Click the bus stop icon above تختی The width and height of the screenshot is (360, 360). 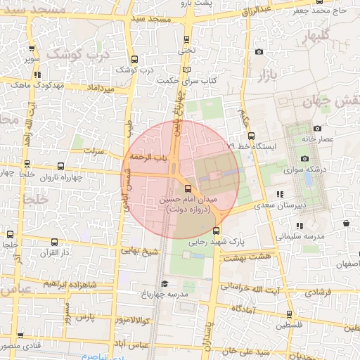pyautogui.click(x=186, y=39)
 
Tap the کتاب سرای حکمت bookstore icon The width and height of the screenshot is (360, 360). pyautogui.click(x=186, y=70)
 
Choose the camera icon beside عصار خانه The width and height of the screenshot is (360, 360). pyautogui.click(x=317, y=129)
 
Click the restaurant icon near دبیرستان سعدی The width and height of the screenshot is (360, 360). pyautogui.click(x=281, y=193)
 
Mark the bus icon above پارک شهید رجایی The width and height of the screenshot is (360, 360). pyautogui.click(x=216, y=230)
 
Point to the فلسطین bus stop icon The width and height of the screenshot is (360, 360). pyautogui.click(x=288, y=314)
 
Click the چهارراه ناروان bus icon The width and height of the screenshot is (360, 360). pyautogui.click(x=60, y=167)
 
